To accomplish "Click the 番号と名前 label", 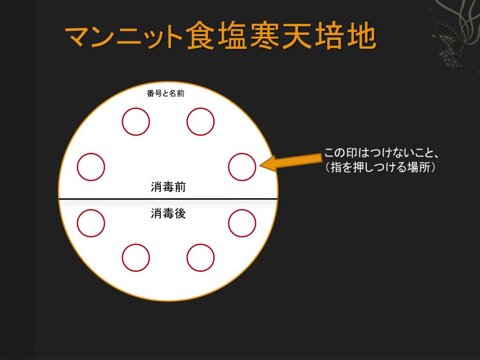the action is pyautogui.click(x=165, y=93).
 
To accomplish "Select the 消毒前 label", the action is pyautogui.click(x=168, y=187).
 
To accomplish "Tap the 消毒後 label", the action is pyautogui.click(x=168, y=213).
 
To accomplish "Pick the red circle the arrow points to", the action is pyautogui.click(x=242, y=167).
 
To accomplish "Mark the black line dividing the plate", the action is pyautogui.click(x=168, y=199).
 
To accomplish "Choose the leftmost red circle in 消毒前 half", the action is pyautogui.click(x=91, y=167).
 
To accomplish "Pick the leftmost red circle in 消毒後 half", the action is pyautogui.click(x=91, y=223).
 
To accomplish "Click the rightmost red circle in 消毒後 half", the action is pyautogui.click(x=242, y=223).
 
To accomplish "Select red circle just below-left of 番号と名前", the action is pyautogui.click(x=136, y=121).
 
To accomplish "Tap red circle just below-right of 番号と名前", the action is pyautogui.click(x=201, y=121).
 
